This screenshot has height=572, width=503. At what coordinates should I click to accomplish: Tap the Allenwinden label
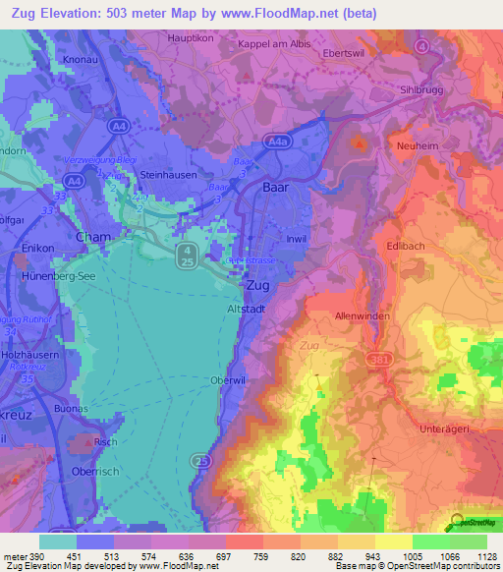click(363, 316)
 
